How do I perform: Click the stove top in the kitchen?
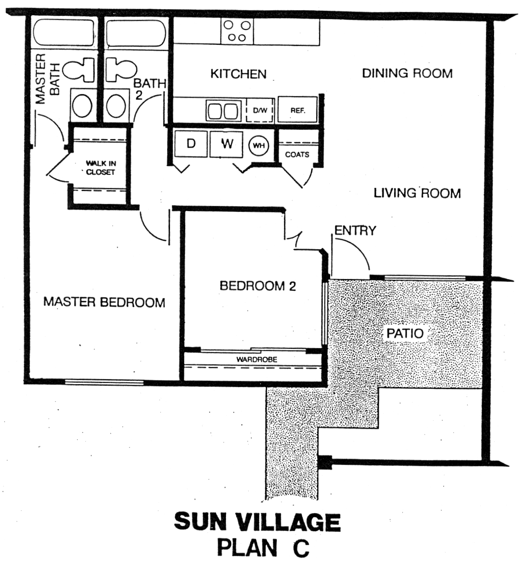pos(237,31)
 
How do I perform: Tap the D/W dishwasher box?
pos(260,110)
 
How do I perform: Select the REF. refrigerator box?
pos(297,110)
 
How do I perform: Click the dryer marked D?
pos(191,144)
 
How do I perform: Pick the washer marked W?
pos(226,144)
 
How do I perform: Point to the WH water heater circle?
pos(259,146)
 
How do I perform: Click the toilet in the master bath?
pos(78,69)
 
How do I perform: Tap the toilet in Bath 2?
pos(121,69)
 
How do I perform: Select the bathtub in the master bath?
pos(64,32)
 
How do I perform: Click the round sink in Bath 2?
pos(116,106)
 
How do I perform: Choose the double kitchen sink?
pos(223,110)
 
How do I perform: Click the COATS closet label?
pos(297,155)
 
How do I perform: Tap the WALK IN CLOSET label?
pos(100,168)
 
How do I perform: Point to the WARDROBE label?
pos(257,359)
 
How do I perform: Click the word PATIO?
pos(405,333)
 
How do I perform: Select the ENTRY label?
pos(355,230)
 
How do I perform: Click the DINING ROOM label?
pos(407,73)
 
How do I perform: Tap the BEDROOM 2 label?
pos(257,286)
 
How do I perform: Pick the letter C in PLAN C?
pos(301,548)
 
